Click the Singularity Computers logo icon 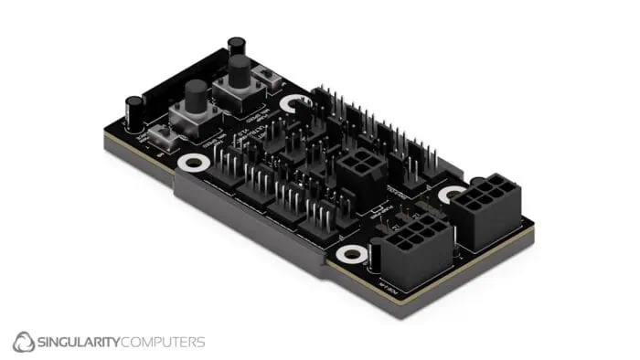click(24, 343)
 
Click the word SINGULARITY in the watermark click(82, 343)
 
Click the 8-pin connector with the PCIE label click(415, 249)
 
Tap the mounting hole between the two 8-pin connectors click(450, 194)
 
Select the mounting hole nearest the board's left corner click(193, 163)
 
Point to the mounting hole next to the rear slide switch click(293, 103)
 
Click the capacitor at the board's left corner click(134, 111)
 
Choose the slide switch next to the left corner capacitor click(165, 139)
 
